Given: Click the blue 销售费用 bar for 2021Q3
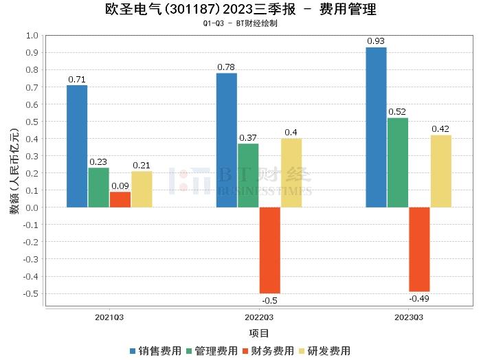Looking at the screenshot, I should [77, 146].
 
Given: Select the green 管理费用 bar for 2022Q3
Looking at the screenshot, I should [248, 175].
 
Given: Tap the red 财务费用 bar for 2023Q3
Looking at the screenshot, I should [419, 249].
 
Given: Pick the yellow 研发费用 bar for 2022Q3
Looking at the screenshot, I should [291, 172].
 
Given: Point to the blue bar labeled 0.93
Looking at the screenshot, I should [376, 127].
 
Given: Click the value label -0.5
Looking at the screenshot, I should [269, 300].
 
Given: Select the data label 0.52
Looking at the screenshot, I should [397, 111].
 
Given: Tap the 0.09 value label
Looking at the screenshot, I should [120, 185].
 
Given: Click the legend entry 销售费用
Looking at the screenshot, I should [155, 350].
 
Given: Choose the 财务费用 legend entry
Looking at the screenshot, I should [268, 350].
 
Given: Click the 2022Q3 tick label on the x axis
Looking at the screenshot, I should [259, 317].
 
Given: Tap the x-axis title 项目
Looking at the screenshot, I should [259, 333].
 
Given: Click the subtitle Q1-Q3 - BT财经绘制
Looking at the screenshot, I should [240, 23].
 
